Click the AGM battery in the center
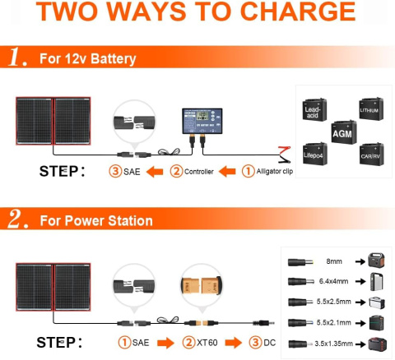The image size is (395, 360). click(x=342, y=132)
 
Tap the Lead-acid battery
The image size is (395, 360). click(x=314, y=113)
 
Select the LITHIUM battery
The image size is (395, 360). click(x=369, y=108)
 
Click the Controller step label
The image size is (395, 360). click(x=197, y=172)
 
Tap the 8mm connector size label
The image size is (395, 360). click(x=333, y=261)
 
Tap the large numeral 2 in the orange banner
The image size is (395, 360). click(x=16, y=220)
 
